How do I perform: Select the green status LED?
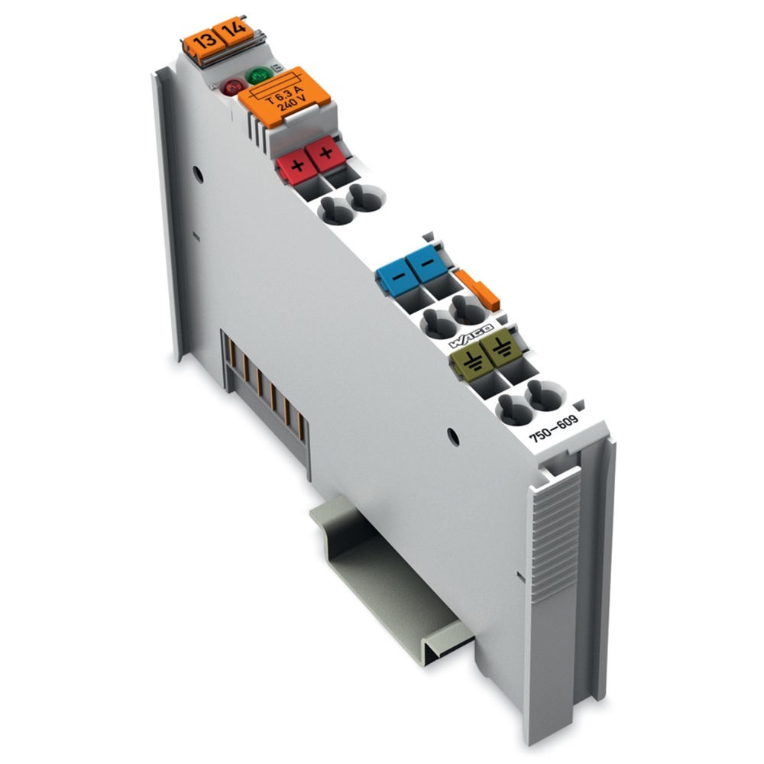(x=258, y=76)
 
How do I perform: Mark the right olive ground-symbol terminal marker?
(x=500, y=351)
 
